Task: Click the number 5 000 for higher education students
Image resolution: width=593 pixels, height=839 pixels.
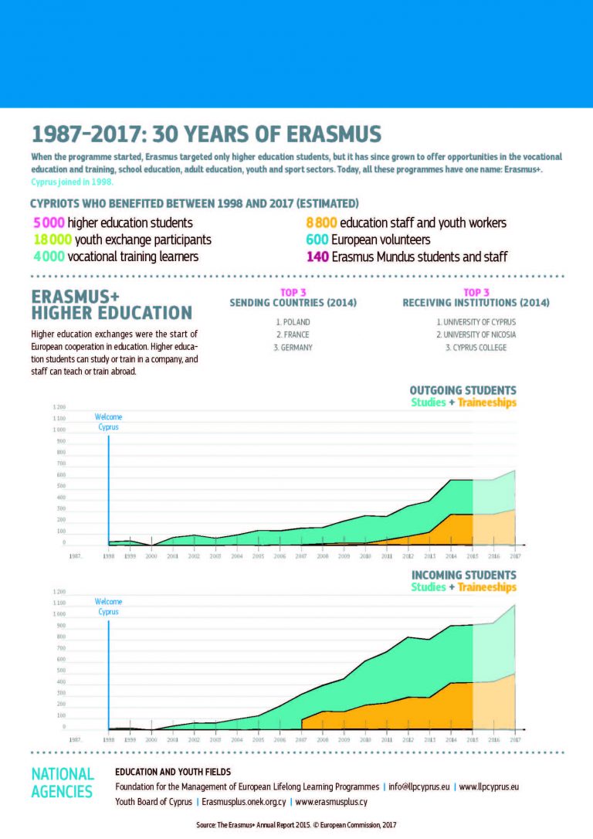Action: (x=45, y=223)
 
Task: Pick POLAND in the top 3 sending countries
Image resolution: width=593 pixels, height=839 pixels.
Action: (x=293, y=321)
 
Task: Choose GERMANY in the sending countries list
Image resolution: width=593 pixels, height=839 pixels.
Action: (x=293, y=348)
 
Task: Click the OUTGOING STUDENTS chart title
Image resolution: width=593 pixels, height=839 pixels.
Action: (x=463, y=391)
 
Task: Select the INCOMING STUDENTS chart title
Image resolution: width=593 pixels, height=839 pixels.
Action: (x=463, y=576)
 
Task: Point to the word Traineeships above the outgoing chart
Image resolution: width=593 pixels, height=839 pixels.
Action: (x=486, y=403)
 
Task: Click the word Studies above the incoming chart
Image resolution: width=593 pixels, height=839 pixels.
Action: (x=428, y=587)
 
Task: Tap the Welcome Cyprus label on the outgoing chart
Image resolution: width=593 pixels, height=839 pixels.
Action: (x=109, y=422)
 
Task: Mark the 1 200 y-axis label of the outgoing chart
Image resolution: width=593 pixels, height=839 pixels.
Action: (x=59, y=407)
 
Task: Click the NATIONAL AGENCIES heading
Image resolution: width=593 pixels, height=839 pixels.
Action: (x=63, y=783)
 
